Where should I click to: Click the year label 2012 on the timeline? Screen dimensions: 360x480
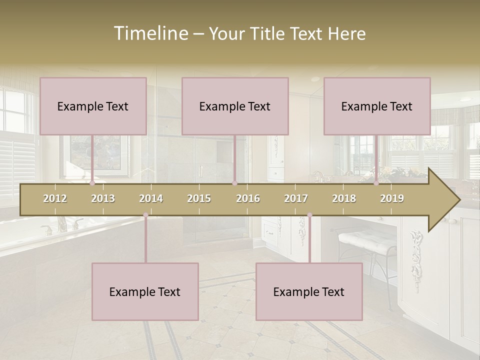(55, 198)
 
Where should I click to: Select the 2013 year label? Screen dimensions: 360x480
(103, 198)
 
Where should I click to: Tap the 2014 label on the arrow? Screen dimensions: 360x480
(151, 198)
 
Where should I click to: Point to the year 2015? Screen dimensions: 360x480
(199, 198)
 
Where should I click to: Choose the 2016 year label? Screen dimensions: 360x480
(248, 198)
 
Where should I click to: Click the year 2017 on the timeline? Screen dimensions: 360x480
(296, 198)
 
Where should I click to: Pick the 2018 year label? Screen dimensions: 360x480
(344, 198)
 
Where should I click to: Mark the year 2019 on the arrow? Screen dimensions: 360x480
(392, 198)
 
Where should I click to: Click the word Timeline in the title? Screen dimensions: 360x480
(150, 33)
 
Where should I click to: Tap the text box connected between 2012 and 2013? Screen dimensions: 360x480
(93, 106)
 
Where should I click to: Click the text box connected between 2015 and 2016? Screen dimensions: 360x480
(235, 106)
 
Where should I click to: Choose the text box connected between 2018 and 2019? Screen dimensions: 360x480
(377, 106)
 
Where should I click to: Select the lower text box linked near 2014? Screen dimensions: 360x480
(145, 291)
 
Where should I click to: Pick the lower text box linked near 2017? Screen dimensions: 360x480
(309, 291)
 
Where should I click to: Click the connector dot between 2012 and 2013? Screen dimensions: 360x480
(92, 183)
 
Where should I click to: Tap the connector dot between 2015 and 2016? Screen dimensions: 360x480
(234, 183)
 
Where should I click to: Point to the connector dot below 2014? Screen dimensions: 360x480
(145, 215)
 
